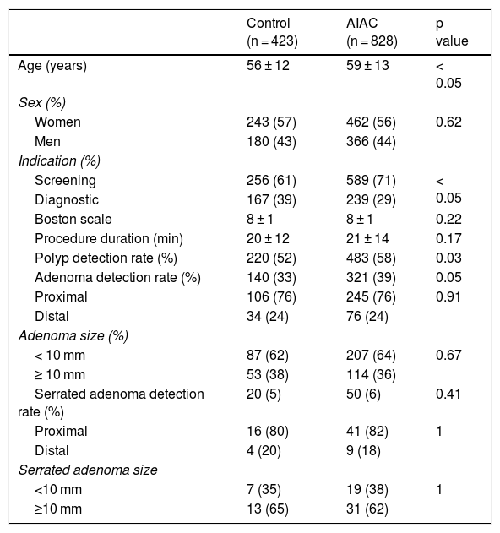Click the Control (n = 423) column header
tap(272, 32)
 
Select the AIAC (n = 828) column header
tap(372, 32)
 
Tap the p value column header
tap(452, 32)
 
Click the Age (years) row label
tap(52, 65)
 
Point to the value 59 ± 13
tap(367, 65)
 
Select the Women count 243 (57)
tap(271, 122)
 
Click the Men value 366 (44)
tap(371, 141)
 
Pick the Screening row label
tap(65, 181)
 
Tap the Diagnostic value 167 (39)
tap(271, 200)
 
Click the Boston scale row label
tap(73, 219)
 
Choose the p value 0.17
tap(448, 238)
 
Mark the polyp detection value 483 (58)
tap(371, 258)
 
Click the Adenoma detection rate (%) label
tap(117, 277)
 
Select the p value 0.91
tap(448, 296)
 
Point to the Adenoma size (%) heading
tap(73, 336)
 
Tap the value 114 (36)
tap(371, 374)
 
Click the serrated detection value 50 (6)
tap(363, 394)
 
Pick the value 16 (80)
tap(268, 431)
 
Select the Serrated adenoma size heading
tap(88, 470)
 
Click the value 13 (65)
tap(268, 509)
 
